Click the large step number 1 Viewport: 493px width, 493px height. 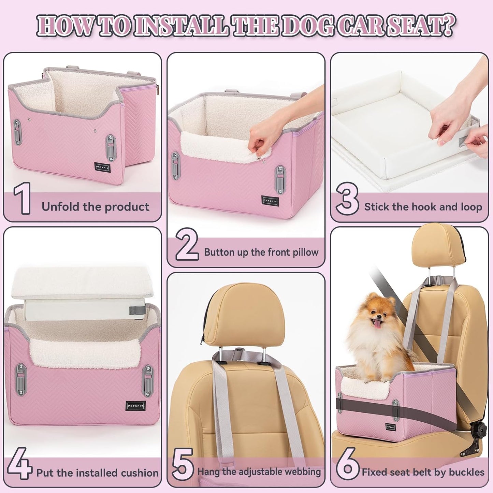point(23,199)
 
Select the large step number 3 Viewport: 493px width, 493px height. point(347,199)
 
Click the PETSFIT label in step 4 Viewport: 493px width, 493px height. point(136,406)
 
